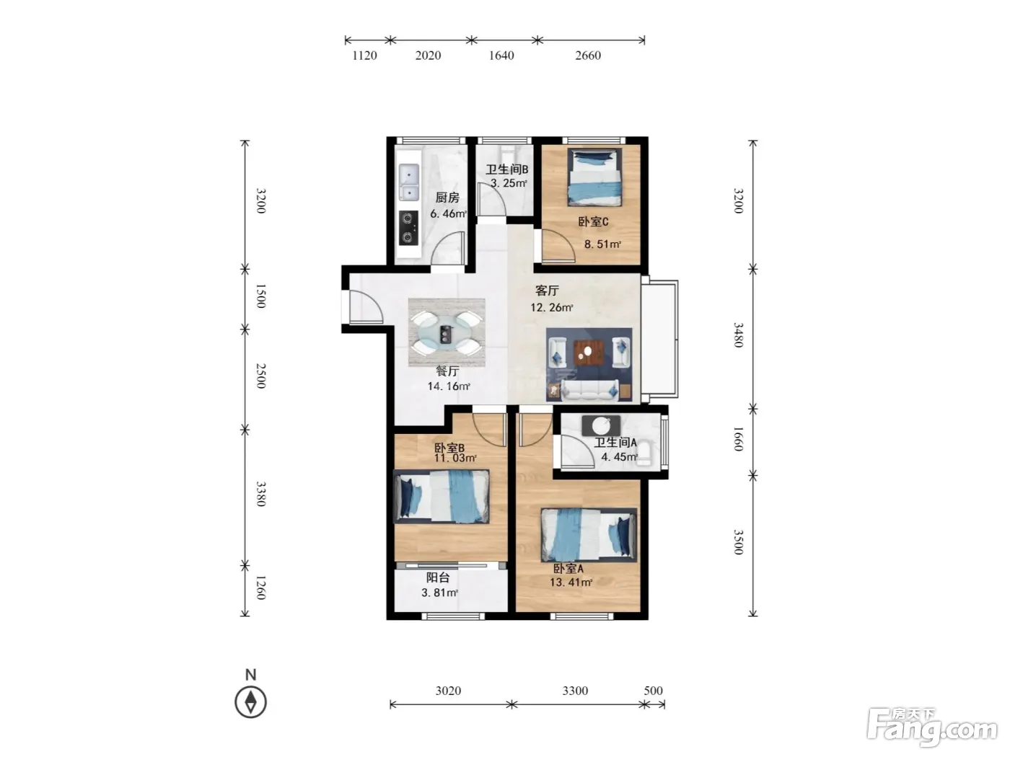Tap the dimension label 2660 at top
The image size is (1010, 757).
point(587,56)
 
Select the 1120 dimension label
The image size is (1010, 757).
point(364,56)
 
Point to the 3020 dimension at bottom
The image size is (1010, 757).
point(448,691)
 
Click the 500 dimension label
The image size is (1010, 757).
point(653,691)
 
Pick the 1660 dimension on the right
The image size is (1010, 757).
point(738,439)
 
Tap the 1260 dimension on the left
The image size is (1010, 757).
point(260,588)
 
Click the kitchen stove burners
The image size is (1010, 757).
point(408,228)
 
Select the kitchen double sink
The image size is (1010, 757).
point(408,182)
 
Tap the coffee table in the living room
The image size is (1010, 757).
point(589,353)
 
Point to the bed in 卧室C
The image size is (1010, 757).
point(594,177)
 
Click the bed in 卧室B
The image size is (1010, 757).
point(441,497)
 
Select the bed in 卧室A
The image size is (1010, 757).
point(589,534)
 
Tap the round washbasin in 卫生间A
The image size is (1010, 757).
point(600,426)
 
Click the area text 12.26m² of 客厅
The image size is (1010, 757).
point(551,308)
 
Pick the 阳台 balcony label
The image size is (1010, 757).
point(437,577)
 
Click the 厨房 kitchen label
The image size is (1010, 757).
point(447,198)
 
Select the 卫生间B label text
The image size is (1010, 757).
point(506,169)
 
